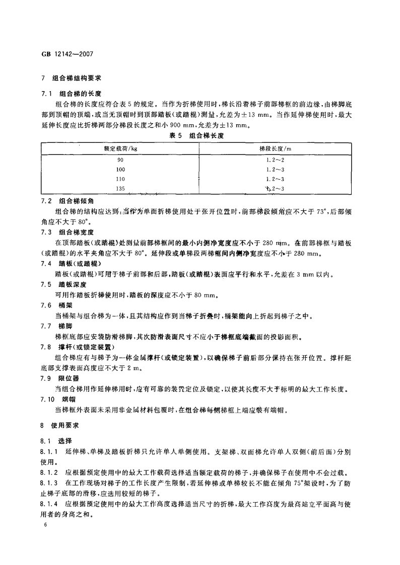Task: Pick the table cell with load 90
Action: coord(120,160)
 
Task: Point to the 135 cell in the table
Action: coord(120,189)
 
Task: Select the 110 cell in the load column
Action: coord(120,179)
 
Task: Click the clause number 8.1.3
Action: coord(49,482)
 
